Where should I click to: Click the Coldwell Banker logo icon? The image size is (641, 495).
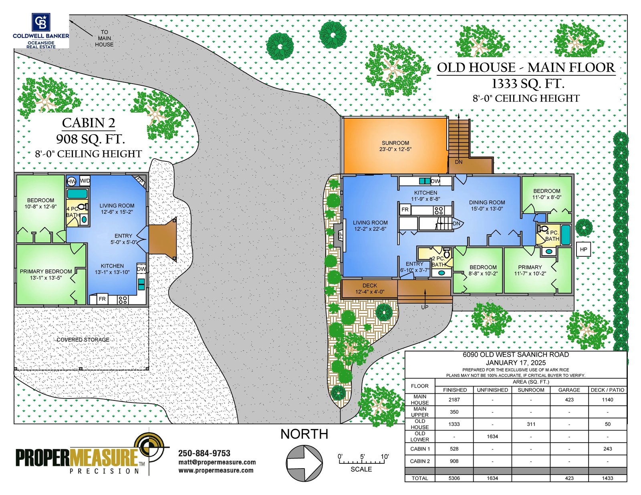tap(41, 22)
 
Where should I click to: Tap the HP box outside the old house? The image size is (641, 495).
tap(583, 250)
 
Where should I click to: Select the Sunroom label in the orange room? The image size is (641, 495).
tap(395, 143)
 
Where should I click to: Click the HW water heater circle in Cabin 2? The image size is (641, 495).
tap(71, 181)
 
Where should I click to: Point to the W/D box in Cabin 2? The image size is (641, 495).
tap(85, 181)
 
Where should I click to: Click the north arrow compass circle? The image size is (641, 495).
tap(304, 463)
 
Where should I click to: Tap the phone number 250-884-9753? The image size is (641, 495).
tap(204, 453)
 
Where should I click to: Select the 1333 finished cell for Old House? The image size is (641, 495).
tap(454, 424)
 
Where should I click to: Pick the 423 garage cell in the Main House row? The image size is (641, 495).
tap(569, 400)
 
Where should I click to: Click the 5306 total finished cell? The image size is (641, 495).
tap(454, 478)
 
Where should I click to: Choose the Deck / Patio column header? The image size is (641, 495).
tap(607, 390)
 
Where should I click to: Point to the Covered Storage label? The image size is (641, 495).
tap(83, 340)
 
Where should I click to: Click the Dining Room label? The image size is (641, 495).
tap(487, 203)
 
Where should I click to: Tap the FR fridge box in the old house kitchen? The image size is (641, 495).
tap(405, 209)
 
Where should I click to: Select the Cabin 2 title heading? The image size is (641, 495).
tap(89, 123)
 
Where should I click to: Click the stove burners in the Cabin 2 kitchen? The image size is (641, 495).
tap(123, 300)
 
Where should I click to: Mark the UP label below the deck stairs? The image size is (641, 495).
tap(425, 307)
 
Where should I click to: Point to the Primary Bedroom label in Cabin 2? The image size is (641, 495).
tap(46, 272)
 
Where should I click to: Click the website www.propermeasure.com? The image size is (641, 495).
tap(216, 471)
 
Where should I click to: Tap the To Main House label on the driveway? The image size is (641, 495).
tap(104, 38)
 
